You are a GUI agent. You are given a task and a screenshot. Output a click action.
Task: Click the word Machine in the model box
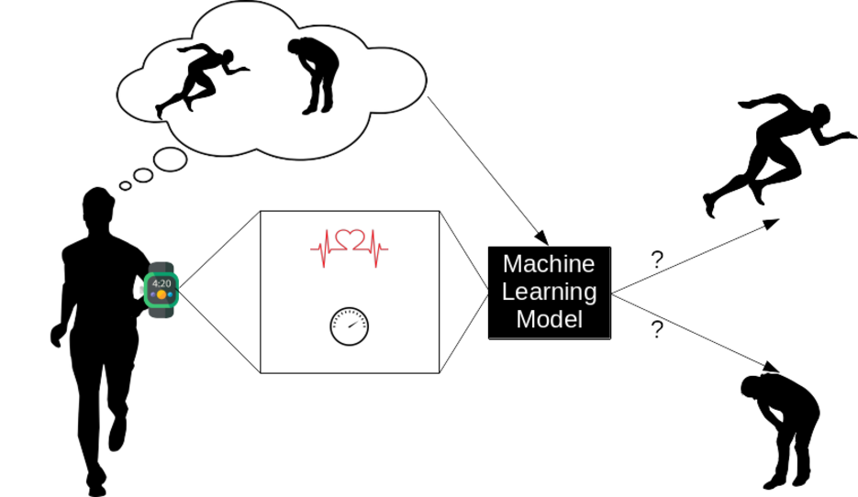549,265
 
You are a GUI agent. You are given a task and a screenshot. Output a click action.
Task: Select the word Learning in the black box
549,293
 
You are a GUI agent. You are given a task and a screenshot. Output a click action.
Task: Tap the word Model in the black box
549,320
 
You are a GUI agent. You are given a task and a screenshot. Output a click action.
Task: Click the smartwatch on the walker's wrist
161,290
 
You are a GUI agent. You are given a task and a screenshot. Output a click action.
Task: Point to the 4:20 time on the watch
161,283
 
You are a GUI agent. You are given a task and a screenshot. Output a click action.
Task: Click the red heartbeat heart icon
349,241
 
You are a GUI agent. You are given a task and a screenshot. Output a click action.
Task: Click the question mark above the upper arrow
657,259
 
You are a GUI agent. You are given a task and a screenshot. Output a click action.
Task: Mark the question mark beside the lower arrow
657,328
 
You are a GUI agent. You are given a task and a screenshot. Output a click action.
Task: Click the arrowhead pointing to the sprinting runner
775,222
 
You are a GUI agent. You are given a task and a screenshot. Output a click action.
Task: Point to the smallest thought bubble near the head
125,185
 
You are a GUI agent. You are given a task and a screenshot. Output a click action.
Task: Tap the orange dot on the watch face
161,295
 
